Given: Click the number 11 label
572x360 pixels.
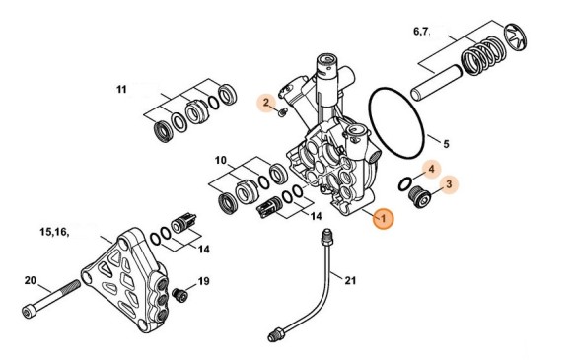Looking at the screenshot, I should coord(121,90).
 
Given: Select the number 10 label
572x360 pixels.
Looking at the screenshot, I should coord(220,160).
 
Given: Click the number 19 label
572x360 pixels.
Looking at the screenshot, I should coord(203,282).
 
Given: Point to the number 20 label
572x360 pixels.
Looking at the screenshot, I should coord(30,280).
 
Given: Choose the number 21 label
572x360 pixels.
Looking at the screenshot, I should coord(349,280).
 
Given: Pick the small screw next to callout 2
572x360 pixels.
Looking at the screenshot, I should coord(283,113).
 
